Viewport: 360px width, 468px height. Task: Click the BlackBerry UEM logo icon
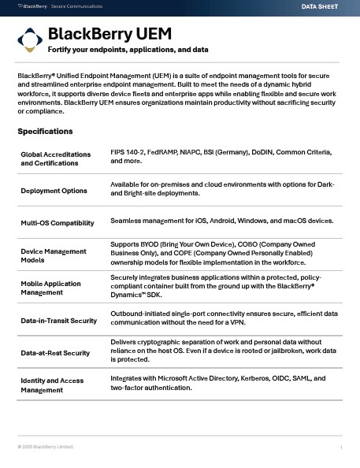coord(30,40)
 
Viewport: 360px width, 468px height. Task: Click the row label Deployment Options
coord(53,190)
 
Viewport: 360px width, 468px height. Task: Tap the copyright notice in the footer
coord(46,447)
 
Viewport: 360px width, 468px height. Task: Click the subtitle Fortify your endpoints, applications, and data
coord(128,50)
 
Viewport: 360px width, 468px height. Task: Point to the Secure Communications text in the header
coord(70,6)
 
